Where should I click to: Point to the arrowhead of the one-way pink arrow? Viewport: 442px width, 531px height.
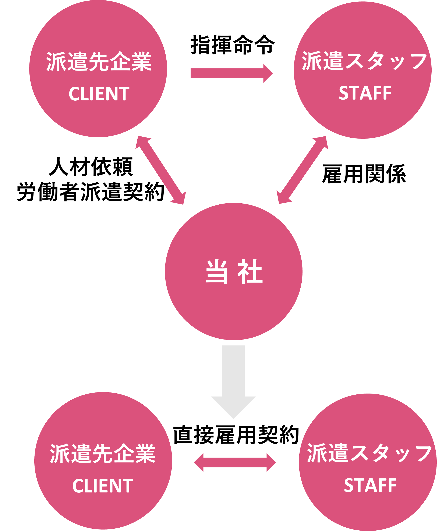click(268, 73)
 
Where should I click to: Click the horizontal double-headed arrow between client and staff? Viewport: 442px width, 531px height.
click(235, 462)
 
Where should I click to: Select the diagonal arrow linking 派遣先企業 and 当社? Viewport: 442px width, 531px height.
click(161, 170)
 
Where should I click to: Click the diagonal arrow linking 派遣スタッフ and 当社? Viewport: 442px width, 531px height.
click(302, 170)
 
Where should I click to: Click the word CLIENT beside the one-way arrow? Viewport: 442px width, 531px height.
click(99, 94)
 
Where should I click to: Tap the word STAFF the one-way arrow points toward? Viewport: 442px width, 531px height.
click(365, 93)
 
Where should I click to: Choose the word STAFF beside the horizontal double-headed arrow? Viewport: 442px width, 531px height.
click(370, 485)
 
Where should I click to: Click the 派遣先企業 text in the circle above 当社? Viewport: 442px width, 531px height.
click(99, 61)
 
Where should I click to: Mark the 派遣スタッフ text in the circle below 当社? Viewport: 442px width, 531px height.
click(369, 453)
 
